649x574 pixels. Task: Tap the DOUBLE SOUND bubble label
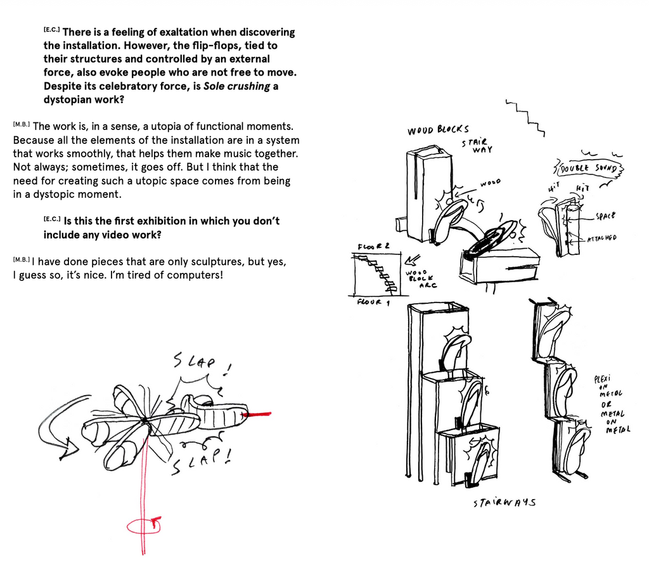pos(589,168)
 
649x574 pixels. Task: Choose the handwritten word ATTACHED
pos(601,238)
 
